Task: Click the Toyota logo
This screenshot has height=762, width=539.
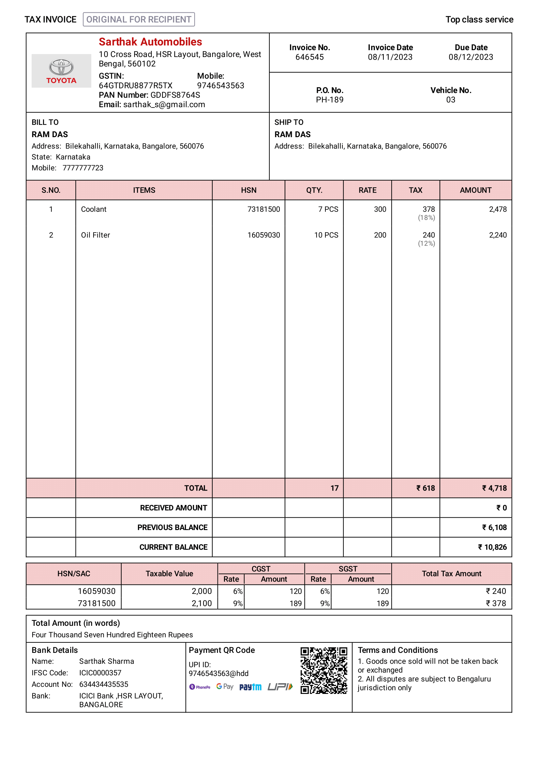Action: [x=61, y=71]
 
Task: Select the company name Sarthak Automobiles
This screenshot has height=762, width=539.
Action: [x=150, y=42]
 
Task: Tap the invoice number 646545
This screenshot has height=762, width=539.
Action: [x=309, y=57]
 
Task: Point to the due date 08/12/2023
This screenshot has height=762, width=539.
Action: [x=471, y=57]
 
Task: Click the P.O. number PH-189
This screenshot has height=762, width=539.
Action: [x=329, y=100]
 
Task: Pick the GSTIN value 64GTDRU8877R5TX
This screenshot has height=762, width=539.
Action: [x=136, y=86]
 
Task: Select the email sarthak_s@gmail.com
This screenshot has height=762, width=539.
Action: [x=164, y=105]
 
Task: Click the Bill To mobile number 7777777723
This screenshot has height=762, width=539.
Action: [x=83, y=168]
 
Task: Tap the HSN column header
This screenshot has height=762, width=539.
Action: [x=248, y=190]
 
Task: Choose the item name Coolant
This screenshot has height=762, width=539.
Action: [x=94, y=209]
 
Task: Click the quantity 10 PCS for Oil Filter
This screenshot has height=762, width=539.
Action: [x=326, y=235]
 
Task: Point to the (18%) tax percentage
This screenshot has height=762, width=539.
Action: [x=426, y=218]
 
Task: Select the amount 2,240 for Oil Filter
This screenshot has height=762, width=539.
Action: [x=498, y=235]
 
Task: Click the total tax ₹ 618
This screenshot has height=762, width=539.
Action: [x=426, y=488]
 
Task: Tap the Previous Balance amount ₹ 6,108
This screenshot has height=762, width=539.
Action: [x=494, y=527]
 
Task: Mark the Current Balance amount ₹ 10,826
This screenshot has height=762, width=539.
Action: [x=492, y=547]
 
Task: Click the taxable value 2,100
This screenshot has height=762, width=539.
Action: [x=202, y=603]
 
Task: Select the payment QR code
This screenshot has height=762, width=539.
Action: [x=323, y=670]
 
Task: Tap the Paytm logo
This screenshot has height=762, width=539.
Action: [x=250, y=687]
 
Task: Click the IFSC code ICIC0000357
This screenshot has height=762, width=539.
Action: [x=100, y=673]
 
